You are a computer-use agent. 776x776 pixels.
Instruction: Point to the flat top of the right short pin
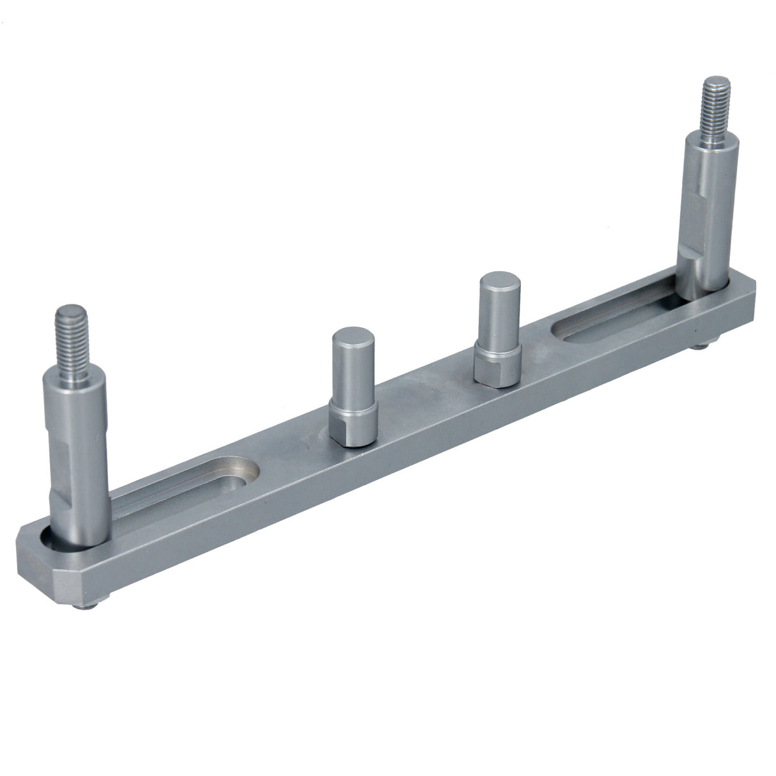tap(495, 281)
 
